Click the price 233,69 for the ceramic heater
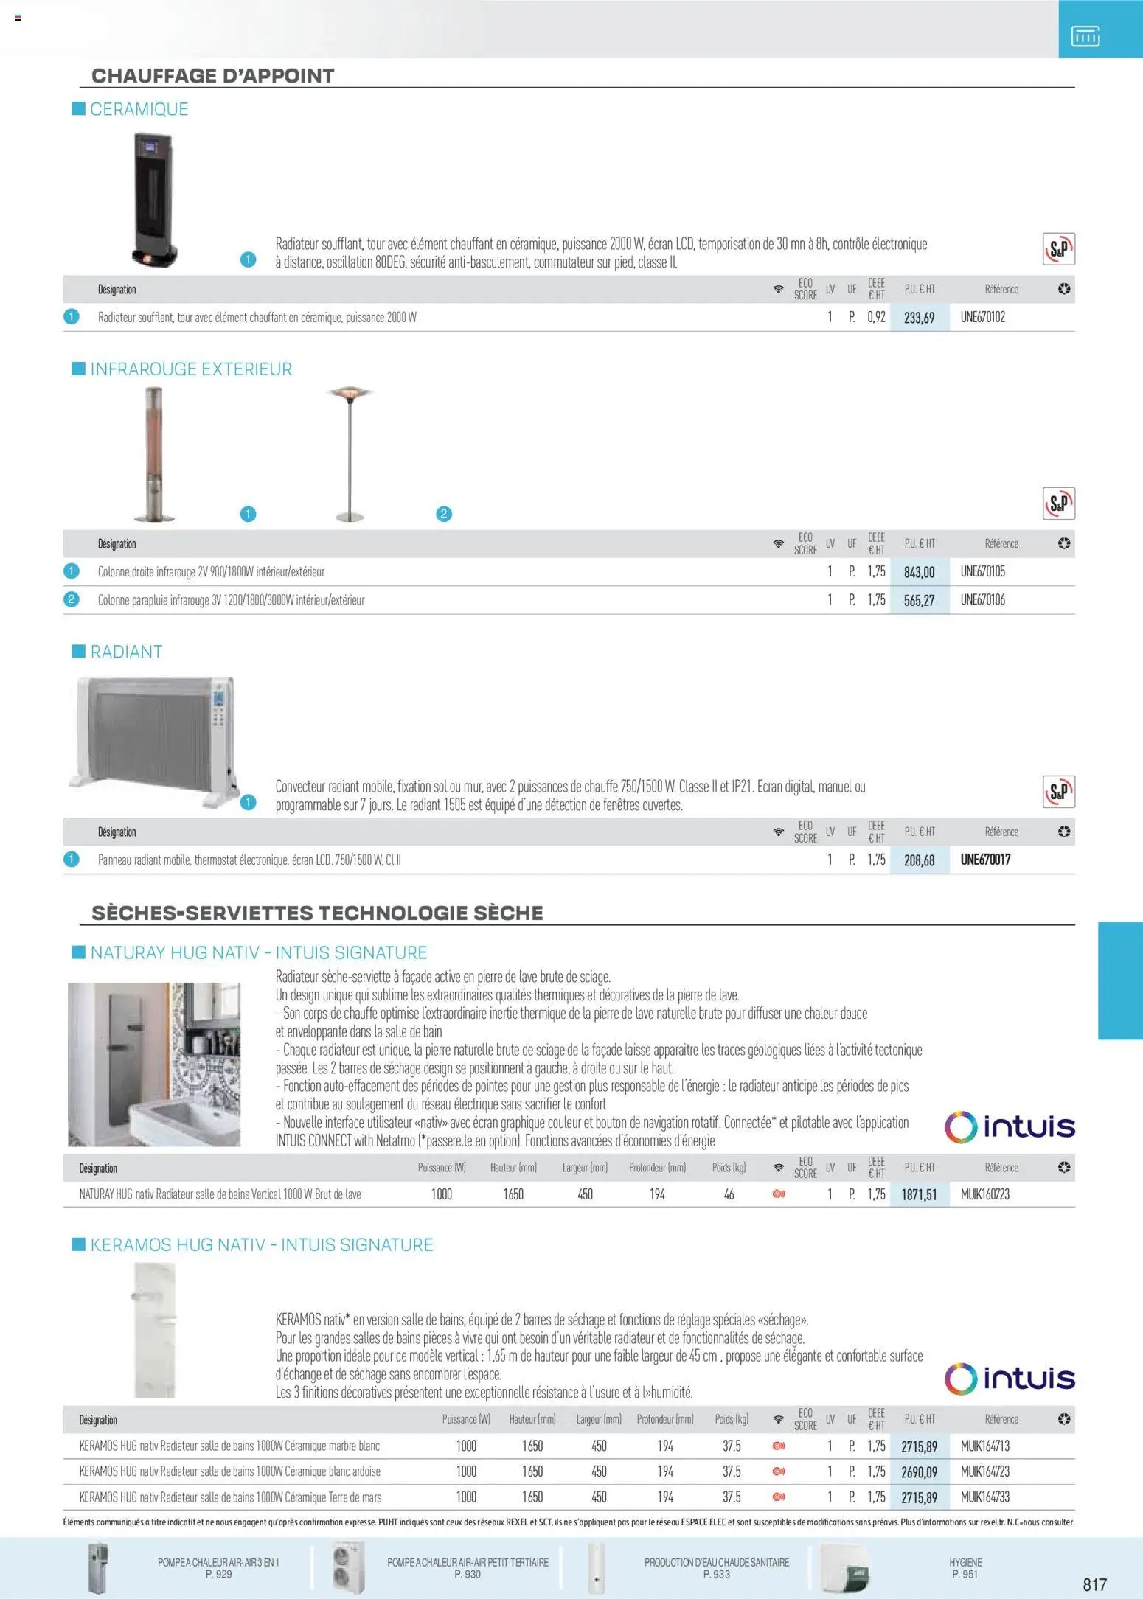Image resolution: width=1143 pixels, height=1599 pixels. [x=919, y=318]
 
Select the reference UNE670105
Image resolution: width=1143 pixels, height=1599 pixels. [x=982, y=571]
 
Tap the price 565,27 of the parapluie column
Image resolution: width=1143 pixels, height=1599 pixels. [x=919, y=600]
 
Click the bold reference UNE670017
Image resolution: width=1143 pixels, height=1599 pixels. [x=985, y=860]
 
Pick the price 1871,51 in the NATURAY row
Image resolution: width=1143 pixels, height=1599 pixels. [x=919, y=1194]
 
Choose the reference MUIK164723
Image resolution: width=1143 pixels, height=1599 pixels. [x=984, y=1471]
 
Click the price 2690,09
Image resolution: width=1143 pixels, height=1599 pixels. [x=919, y=1472]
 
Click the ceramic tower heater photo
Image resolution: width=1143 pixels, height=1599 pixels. [x=154, y=199]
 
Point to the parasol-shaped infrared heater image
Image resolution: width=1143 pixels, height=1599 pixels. [x=350, y=453]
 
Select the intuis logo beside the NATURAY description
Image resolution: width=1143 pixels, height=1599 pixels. [x=1010, y=1126]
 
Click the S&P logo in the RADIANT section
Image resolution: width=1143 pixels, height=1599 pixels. [x=1058, y=792]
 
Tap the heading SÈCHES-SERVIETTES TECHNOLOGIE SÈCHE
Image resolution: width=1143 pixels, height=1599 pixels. [x=317, y=913]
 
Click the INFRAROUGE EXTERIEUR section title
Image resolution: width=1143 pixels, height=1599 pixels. [x=191, y=369]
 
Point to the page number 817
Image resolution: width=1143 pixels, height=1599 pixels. [x=1094, y=1584]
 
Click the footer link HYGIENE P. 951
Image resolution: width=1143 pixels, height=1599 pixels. [x=965, y=1567]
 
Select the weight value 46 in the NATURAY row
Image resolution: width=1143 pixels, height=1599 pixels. [x=729, y=1194]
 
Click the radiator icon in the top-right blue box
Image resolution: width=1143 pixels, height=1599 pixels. [x=1085, y=35]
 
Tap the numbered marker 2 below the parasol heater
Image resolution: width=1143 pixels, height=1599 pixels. [x=443, y=514]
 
